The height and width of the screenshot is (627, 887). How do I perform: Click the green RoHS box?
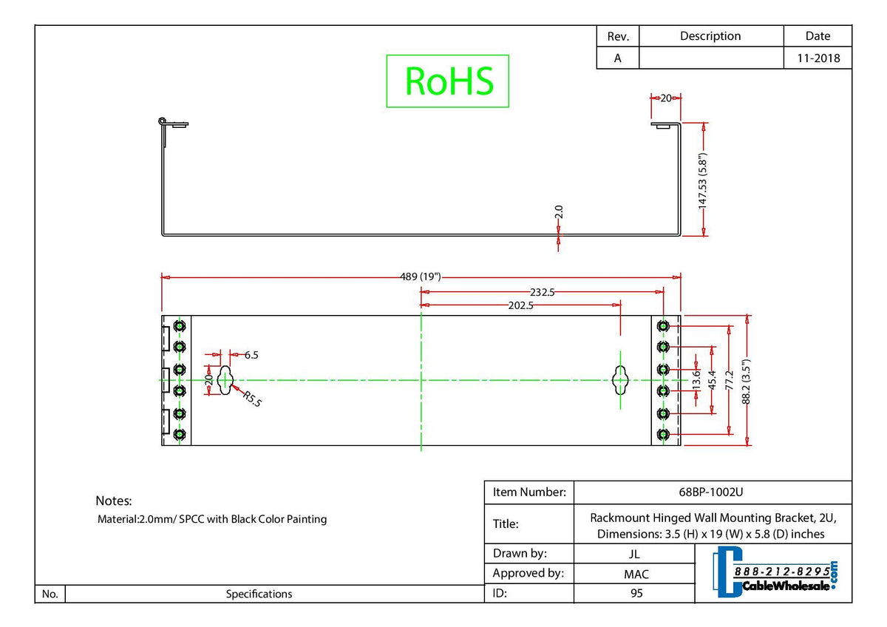(x=448, y=81)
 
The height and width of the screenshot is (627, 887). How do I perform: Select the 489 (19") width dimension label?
(x=420, y=277)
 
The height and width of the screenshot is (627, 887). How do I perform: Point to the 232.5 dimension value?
(x=543, y=292)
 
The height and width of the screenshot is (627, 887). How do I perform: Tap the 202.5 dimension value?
(x=521, y=305)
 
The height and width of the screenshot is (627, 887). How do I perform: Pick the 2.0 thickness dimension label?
(x=559, y=212)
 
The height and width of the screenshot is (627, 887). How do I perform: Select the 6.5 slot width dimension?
(x=251, y=355)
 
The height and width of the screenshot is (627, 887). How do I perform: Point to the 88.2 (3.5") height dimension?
(x=747, y=380)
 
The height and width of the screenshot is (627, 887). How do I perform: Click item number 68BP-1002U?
(x=713, y=492)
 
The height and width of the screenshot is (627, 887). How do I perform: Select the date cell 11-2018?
(x=818, y=58)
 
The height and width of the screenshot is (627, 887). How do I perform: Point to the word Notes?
(x=114, y=501)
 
